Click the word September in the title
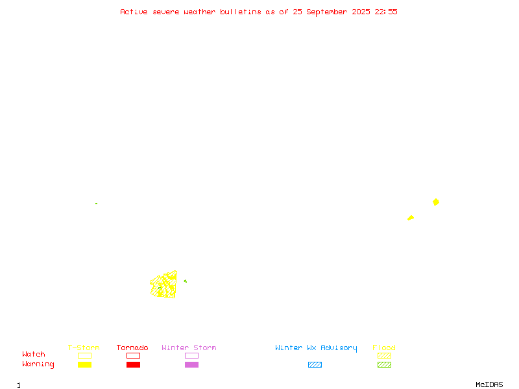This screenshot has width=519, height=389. click(327, 12)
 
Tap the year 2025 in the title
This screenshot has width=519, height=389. click(361, 12)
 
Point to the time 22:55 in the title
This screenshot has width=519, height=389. click(385, 12)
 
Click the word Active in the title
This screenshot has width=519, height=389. click(134, 12)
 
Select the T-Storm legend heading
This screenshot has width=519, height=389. click(84, 348)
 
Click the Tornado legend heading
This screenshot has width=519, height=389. click(132, 348)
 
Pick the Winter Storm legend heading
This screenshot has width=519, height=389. click(189, 348)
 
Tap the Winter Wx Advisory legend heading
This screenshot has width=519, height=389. click(316, 348)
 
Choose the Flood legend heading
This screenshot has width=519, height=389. click(384, 348)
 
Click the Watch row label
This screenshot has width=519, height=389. click(34, 354)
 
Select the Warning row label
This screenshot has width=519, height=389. click(38, 364)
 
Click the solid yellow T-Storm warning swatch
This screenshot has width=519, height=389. click(85, 364)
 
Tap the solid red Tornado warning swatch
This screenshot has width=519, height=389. click(134, 364)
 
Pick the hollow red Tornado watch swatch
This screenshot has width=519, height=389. click(134, 353)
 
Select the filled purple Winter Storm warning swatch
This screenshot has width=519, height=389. click(191, 364)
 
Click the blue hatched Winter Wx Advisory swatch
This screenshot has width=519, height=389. click(315, 364)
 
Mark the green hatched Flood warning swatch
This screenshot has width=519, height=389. click(384, 364)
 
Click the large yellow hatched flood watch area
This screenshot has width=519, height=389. click(164, 285)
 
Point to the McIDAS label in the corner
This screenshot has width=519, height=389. click(489, 384)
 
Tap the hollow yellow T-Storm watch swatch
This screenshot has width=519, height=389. click(85, 353)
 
